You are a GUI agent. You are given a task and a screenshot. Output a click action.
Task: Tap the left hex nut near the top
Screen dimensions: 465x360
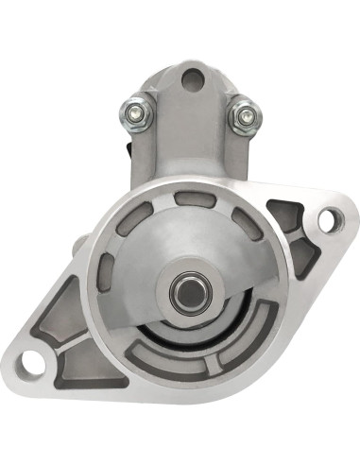130,114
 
